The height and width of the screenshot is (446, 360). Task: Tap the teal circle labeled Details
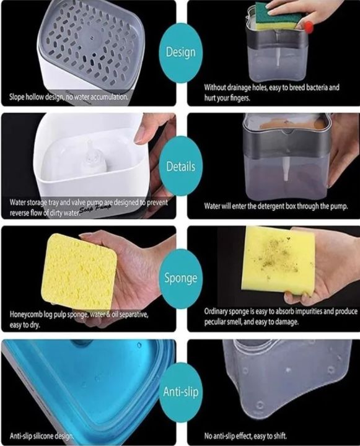coord(180,167)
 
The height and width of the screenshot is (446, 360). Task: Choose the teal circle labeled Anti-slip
coord(180,391)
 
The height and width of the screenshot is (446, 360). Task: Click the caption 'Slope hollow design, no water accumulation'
coord(69,97)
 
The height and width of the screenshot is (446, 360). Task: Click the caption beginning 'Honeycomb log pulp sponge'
coord(77,319)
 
